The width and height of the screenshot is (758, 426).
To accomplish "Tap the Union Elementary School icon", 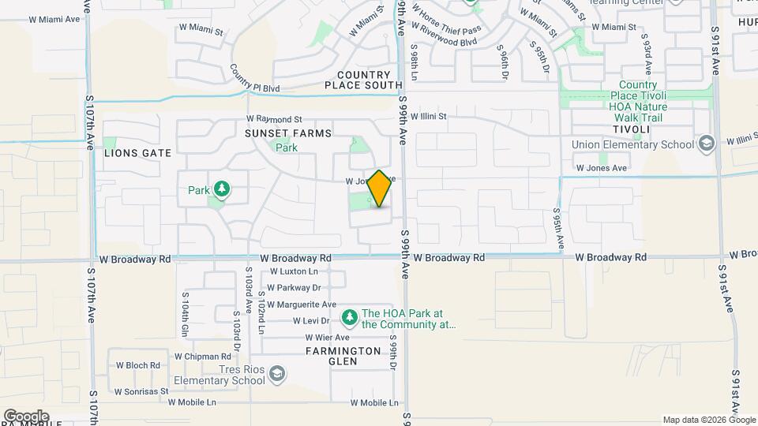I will (x=706, y=144).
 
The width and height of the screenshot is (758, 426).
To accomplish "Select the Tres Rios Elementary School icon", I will (x=276, y=373).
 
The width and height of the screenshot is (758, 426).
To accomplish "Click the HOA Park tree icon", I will (x=349, y=317).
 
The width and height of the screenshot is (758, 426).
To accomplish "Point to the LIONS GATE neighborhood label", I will (x=131, y=153).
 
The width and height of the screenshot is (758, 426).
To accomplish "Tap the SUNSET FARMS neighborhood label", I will (x=288, y=133).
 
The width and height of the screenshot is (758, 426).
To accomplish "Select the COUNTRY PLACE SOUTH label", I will (x=363, y=80).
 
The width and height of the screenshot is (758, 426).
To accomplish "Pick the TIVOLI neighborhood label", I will (x=629, y=129).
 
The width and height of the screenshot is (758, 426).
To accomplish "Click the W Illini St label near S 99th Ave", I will (x=428, y=116).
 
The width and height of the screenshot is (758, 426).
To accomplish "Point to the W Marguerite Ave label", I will (x=302, y=305).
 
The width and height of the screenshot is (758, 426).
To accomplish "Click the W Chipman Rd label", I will (x=201, y=356).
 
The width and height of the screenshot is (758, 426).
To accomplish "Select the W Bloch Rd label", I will (x=138, y=365).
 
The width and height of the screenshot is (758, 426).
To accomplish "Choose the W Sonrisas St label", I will (x=141, y=391).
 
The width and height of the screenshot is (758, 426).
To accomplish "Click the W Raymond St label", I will (x=274, y=118).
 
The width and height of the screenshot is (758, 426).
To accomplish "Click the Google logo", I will (x=26, y=417).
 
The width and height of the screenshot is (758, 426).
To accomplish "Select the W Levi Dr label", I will (x=311, y=321).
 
